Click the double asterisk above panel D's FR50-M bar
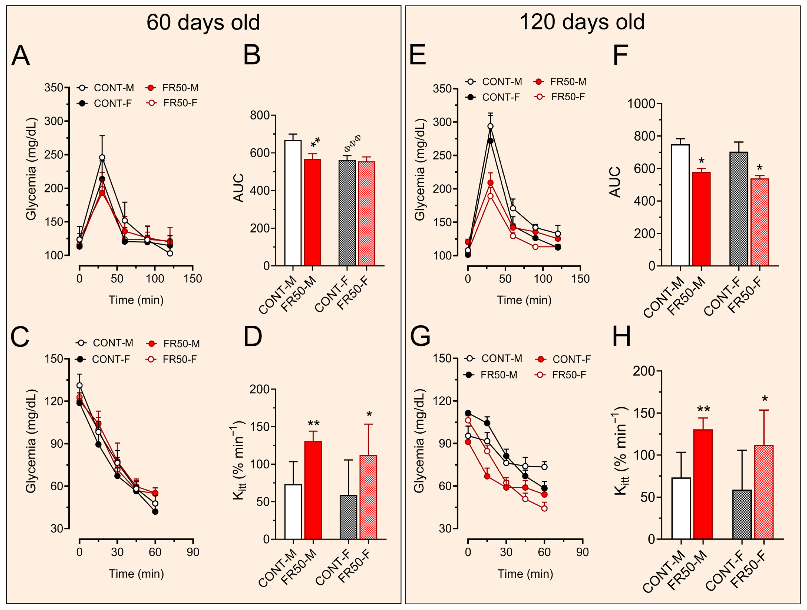[313, 423]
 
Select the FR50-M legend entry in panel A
[173, 88]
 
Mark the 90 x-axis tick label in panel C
[193, 552]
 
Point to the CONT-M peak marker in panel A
[102, 157]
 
